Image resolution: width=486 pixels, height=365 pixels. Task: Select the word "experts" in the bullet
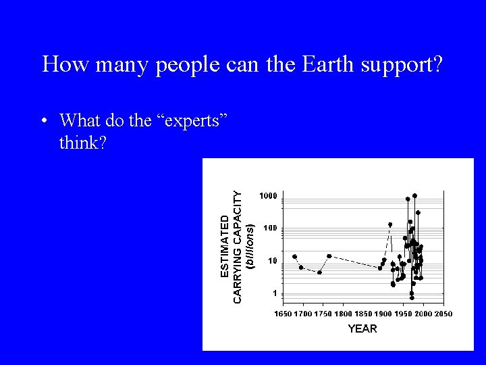pos(196,121)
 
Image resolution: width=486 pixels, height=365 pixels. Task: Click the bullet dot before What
pos(43,122)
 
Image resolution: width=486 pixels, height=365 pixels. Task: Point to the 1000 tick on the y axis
pos(269,196)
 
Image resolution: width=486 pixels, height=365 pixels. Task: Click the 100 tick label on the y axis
pos(270,228)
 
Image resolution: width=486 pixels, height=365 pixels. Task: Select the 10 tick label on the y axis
pos(273,261)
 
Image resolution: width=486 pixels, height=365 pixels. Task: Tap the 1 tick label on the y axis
pos(275,293)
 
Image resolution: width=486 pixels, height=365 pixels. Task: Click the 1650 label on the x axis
pos(283,314)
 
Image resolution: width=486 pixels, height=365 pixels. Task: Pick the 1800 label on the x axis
pos(343,314)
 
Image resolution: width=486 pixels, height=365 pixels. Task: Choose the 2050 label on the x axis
pos(443,314)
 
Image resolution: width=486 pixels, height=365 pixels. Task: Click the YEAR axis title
pos(362,328)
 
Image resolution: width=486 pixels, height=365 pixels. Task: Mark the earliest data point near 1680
pos(294,257)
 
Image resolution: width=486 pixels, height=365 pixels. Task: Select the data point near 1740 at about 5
pos(319,272)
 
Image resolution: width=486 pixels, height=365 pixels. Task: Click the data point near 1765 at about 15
pos(329,256)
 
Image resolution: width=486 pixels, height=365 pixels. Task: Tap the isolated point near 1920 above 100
pos(390,224)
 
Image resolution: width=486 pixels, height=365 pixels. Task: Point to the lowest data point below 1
pos(412,297)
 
